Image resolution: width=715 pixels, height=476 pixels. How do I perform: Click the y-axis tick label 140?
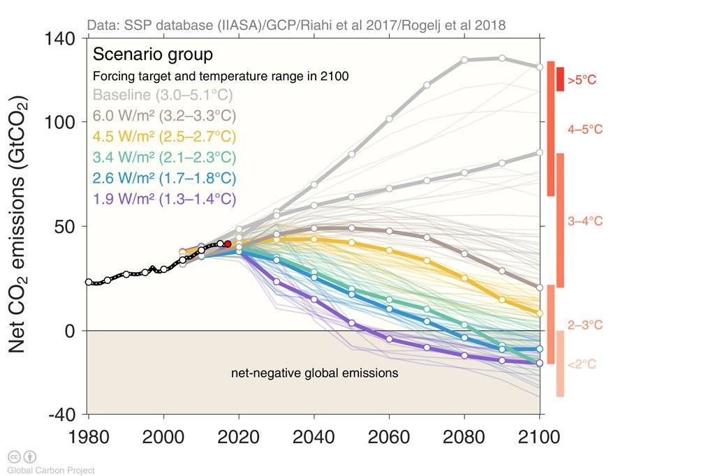click(x=60, y=39)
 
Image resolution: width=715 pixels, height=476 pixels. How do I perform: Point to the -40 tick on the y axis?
click(x=60, y=415)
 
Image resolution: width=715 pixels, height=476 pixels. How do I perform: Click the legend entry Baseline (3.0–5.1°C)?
click(x=163, y=95)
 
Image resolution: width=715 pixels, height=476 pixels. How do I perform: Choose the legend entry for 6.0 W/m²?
click(x=165, y=115)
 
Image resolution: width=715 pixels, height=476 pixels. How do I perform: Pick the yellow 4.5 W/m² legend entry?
click(x=165, y=136)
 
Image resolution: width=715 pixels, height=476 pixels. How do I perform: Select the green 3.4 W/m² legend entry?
click(x=165, y=157)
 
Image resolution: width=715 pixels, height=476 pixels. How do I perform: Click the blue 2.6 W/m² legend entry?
click(x=165, y=177)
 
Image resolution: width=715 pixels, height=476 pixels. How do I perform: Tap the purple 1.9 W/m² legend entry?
click(x=165, y=198)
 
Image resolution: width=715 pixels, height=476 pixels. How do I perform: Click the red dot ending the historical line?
click(x=228, y=244)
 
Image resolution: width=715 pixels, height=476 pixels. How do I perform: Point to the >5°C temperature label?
click(x=582, y=80)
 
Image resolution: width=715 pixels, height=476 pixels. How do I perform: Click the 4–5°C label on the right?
click(x=585, y=130)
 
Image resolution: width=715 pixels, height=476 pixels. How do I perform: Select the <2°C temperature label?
click(x=582, y=364)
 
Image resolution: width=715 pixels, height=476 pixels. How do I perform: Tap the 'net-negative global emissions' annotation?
click(x=314, y=373)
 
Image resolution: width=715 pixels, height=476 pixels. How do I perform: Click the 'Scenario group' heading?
click(x=153, y=54)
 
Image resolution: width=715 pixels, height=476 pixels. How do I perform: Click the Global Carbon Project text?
click(x=51, y=470)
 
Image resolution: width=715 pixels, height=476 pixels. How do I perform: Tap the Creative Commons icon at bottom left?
click(x=14, y=457)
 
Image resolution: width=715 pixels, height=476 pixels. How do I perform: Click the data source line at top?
click(x=297, y=26)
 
